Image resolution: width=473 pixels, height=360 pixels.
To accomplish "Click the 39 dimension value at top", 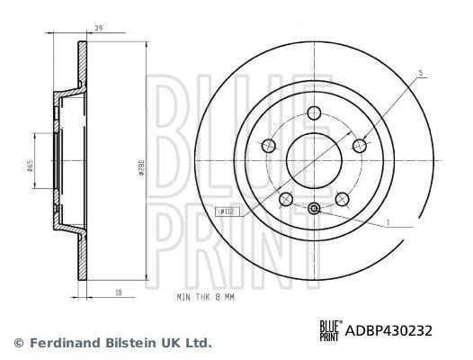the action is click(99, 28).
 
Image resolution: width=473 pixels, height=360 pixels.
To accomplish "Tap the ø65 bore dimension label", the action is click(30, 166).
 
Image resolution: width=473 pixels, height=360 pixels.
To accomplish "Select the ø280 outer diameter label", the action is click(140, 168).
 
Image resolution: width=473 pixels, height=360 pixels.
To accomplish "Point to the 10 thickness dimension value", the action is click(119, 292).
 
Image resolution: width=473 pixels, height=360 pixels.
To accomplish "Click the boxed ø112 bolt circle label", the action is click(228, 211).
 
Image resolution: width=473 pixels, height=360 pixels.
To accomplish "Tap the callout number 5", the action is click(421, 73).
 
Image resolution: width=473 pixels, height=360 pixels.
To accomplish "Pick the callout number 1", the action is click(388, 222).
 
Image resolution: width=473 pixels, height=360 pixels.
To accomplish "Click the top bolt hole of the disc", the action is click(314, 113).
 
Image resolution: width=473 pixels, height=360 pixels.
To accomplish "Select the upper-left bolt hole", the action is click(269, 146).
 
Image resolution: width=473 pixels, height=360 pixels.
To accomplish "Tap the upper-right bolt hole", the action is click(360, 146).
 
